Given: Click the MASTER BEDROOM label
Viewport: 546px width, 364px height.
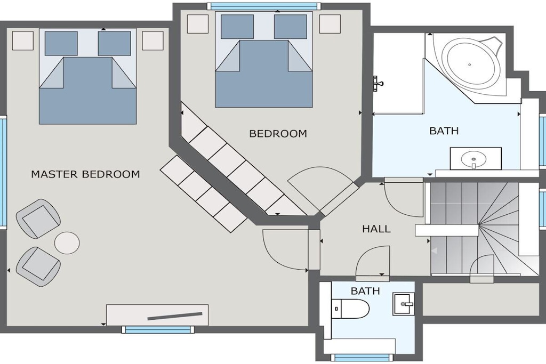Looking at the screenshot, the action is [86, 174].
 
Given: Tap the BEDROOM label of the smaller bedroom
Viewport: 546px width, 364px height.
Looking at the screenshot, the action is [278, 134].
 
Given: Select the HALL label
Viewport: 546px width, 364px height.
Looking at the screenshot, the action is [376, 229].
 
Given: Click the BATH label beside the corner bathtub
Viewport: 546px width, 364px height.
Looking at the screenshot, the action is [444, 131].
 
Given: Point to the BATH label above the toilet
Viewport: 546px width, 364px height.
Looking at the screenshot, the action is [365, 291].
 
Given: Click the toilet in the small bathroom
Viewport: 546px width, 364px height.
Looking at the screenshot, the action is [350, 309].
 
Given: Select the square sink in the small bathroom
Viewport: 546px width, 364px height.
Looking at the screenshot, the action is [404, 304].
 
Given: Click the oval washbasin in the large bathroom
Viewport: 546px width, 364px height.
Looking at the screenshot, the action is [473, 159].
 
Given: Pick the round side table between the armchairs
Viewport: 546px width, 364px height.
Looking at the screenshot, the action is [67, 242].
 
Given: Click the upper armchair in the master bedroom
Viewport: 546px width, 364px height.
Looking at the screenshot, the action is [38, 219].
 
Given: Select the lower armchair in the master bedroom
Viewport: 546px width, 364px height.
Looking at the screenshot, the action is [38, 267].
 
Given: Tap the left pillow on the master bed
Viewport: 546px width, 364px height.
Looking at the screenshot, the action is [61, 44].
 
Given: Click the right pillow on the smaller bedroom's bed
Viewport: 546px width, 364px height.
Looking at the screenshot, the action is [291, 27].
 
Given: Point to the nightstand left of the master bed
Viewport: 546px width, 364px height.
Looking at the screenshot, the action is [23, 41].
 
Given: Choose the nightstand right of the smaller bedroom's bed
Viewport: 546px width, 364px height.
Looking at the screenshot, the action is [330, 24].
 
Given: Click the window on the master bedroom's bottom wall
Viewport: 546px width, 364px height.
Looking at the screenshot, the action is [158, 329].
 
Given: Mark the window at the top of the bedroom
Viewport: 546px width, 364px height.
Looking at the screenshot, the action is [264, 6].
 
